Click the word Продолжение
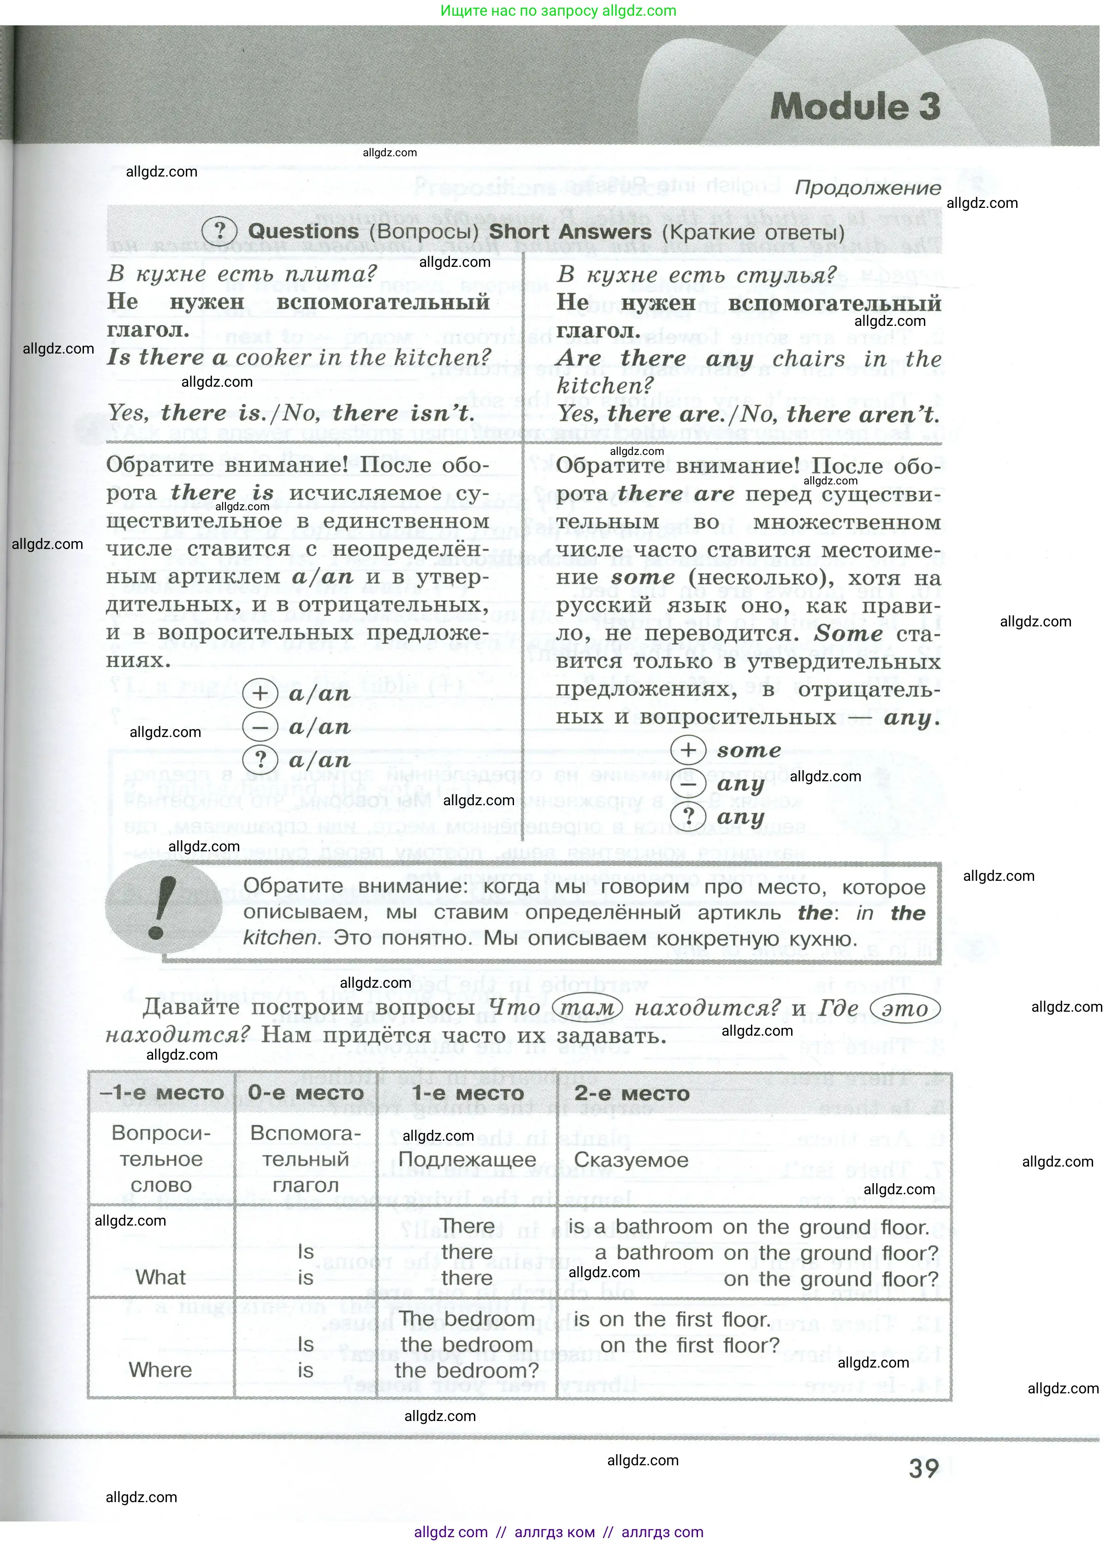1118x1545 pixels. click(x=868, y=188)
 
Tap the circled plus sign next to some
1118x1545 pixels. click(x=688, y=750)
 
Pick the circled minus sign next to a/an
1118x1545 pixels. click(x=260, y=727)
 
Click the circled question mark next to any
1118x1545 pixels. click(x=688, y=816)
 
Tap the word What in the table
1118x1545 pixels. click(x=161, y=1277)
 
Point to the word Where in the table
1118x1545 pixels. click(x=161, y=1370)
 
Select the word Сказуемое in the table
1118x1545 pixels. click(x=631, y=1160)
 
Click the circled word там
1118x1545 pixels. click(x=585, y=1008)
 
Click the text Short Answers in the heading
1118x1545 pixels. click(x=569, y=232)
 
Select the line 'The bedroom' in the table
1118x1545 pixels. click(x=467, y=1319)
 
